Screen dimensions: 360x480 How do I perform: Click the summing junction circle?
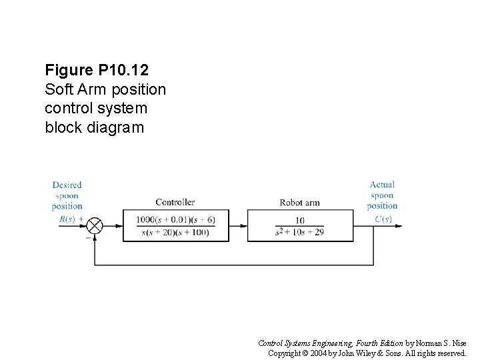tap(95, 225)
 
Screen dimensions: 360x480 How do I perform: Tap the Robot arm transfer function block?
tap(299, 225)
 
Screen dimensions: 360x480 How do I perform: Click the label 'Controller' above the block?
tap(175, 202)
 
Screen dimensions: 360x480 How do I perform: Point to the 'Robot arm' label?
tap(299, 203)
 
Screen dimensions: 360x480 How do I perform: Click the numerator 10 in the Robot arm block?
tap(299, 219)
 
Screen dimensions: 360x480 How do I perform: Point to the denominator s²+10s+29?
tap(299, 233)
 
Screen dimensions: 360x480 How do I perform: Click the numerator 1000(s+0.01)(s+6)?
tap(175, 219)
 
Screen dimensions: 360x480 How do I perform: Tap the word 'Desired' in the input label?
tap(67, 185)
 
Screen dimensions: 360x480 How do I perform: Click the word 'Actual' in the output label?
tap(382, 185)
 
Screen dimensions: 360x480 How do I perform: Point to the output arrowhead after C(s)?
tap(398, 225)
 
